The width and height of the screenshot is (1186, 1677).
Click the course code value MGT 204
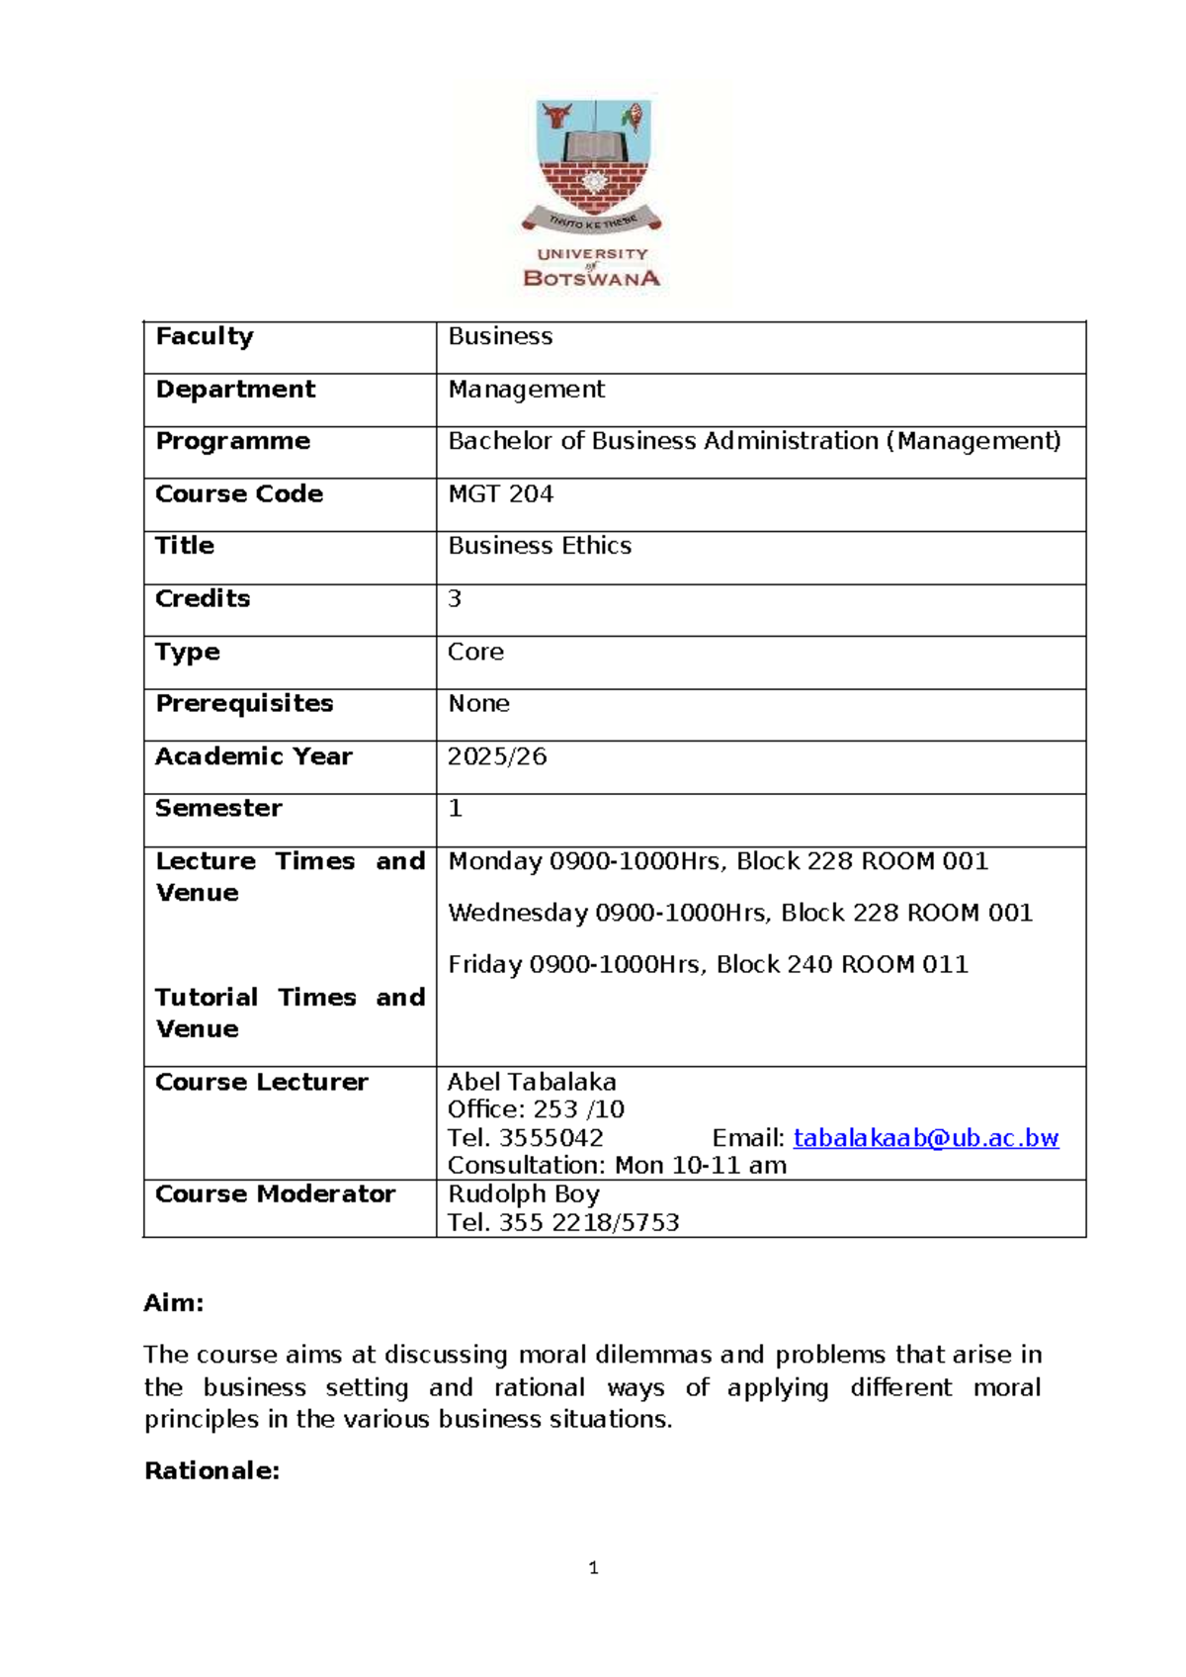[500, 493]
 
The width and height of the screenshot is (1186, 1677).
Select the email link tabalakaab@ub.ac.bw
[925, 1138]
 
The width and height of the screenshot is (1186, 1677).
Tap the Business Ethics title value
[540, 546]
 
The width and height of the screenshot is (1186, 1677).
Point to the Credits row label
[203, 598]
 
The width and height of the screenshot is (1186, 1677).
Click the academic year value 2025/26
[497, 756]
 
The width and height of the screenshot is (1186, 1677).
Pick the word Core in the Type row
[475, 652]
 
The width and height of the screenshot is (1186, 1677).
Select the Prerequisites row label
[244, 703]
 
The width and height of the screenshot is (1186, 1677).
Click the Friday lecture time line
[708, 964]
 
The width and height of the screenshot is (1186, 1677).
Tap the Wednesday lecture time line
[740, 913]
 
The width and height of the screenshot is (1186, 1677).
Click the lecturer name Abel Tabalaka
[532, 1082]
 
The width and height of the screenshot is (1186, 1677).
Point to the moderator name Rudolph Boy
[524, 1194]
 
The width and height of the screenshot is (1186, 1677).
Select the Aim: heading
[174, 1303]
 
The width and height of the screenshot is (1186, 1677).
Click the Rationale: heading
[212, 1471]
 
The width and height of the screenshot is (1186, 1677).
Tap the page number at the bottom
[593, 1568]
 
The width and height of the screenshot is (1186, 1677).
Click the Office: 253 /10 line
[536, 1109]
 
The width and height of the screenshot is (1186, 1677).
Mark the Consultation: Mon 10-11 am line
[617, 1166]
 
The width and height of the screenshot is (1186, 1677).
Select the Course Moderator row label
[275, 1194]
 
